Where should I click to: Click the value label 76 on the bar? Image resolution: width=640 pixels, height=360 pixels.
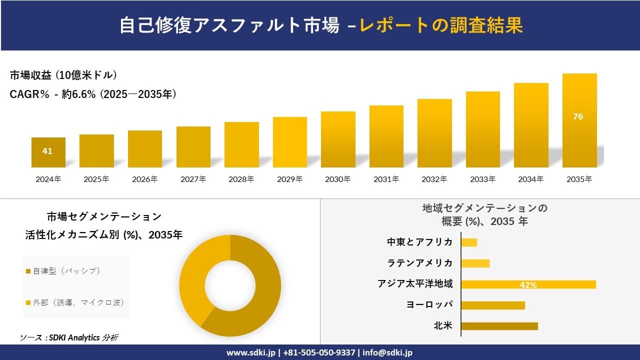click(578, 116)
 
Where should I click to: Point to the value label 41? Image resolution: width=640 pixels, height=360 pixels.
click(47, 151)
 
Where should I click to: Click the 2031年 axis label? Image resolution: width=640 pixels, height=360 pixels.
click(386, 179)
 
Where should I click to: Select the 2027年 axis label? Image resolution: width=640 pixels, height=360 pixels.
click(193, 179)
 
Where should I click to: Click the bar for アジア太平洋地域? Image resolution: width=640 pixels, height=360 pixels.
click(528, 284)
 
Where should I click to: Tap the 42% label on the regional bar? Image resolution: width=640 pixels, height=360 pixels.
click(528, 285)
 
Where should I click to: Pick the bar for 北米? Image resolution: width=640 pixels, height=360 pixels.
click(499, 326)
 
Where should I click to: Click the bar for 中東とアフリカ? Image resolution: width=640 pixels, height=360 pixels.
click(469, 242)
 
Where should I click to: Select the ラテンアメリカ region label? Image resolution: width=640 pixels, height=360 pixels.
click(420, 263)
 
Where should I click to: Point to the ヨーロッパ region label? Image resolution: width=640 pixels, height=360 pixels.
click(430, 305)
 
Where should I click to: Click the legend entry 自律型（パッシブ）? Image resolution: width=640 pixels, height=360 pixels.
click(63, 271)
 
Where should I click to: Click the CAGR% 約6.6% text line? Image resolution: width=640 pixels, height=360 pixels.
click(93, 94)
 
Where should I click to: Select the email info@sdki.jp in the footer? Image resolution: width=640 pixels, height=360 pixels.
click(387, 352)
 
